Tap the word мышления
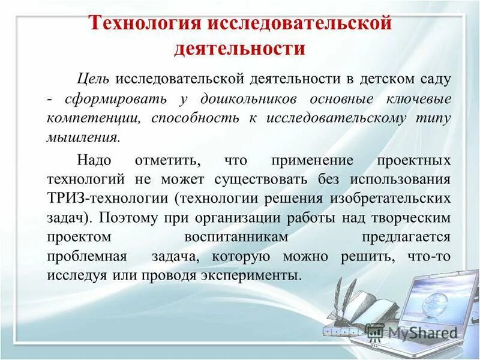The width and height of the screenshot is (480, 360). [x=83, y=137]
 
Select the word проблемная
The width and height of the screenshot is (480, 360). [x=86, y=257]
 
